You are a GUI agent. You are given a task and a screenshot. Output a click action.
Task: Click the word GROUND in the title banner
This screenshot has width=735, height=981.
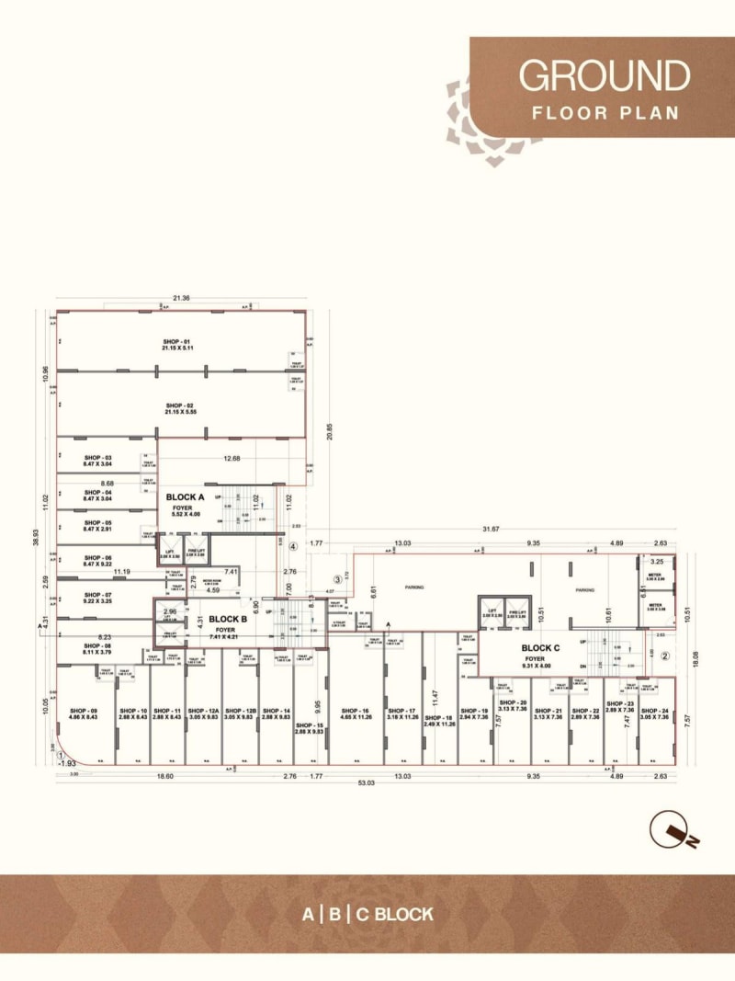click(x=604, y=75)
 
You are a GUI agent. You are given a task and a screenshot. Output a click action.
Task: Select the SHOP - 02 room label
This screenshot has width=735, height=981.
click(x=179, y=405)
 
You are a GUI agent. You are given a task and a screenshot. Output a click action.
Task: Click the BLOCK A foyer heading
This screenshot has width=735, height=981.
click(x=185, y=496)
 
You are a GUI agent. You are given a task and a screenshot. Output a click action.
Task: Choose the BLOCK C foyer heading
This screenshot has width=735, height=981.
click(x=541, y=647)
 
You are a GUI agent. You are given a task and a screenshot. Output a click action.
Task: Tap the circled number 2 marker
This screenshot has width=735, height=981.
click(x=667, y=656)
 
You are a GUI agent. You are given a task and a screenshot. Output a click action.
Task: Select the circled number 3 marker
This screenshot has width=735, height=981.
click(x=338, y=579)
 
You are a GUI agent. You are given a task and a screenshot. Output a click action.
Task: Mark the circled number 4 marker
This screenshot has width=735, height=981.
click(x=293, y=545)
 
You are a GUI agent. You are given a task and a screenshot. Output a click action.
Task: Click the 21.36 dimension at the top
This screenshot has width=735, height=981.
click(x=181, y=297)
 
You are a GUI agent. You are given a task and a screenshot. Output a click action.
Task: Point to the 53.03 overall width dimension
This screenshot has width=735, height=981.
click(x=366, y=782)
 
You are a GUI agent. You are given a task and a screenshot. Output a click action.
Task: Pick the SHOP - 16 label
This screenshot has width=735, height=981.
click(x=354, y=711)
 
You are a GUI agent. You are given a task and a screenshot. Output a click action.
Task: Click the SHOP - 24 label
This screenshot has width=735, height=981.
click(x=653, y=711)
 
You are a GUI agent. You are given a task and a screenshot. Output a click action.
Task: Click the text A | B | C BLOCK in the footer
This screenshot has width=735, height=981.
click(x=367, y=914)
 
